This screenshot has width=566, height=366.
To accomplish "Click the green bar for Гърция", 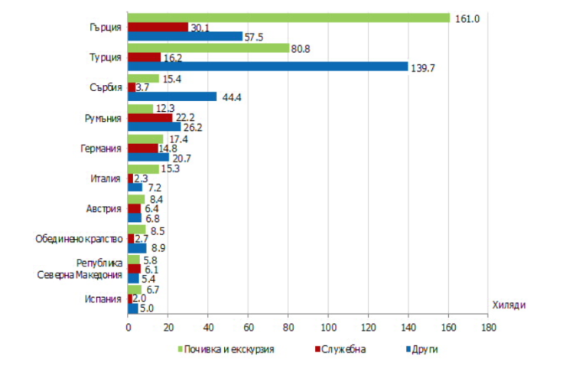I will pos(288,18).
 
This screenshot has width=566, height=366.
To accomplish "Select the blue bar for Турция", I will pos(268,67).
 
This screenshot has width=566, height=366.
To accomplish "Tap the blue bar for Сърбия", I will pos(172,96).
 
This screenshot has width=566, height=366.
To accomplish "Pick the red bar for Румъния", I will pos(150,117).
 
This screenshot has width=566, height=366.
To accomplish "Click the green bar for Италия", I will pos(143,168).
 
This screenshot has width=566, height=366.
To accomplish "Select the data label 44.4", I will pos(232,96).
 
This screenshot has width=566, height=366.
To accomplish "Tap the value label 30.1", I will pos(200,28).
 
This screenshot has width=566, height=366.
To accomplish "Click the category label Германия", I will pos(101,148).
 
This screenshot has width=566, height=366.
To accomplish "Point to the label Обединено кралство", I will pos(80,238).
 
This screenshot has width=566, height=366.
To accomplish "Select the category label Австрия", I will pos(105,208).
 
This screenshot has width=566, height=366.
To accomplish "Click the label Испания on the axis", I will pos(104,298).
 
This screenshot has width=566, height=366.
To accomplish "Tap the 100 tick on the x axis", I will pos(328,328).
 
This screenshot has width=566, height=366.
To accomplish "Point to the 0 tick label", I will pos(128,328).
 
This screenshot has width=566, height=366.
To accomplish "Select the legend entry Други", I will pos(424,349).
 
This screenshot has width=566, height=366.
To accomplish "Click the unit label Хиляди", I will pos(507,305).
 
